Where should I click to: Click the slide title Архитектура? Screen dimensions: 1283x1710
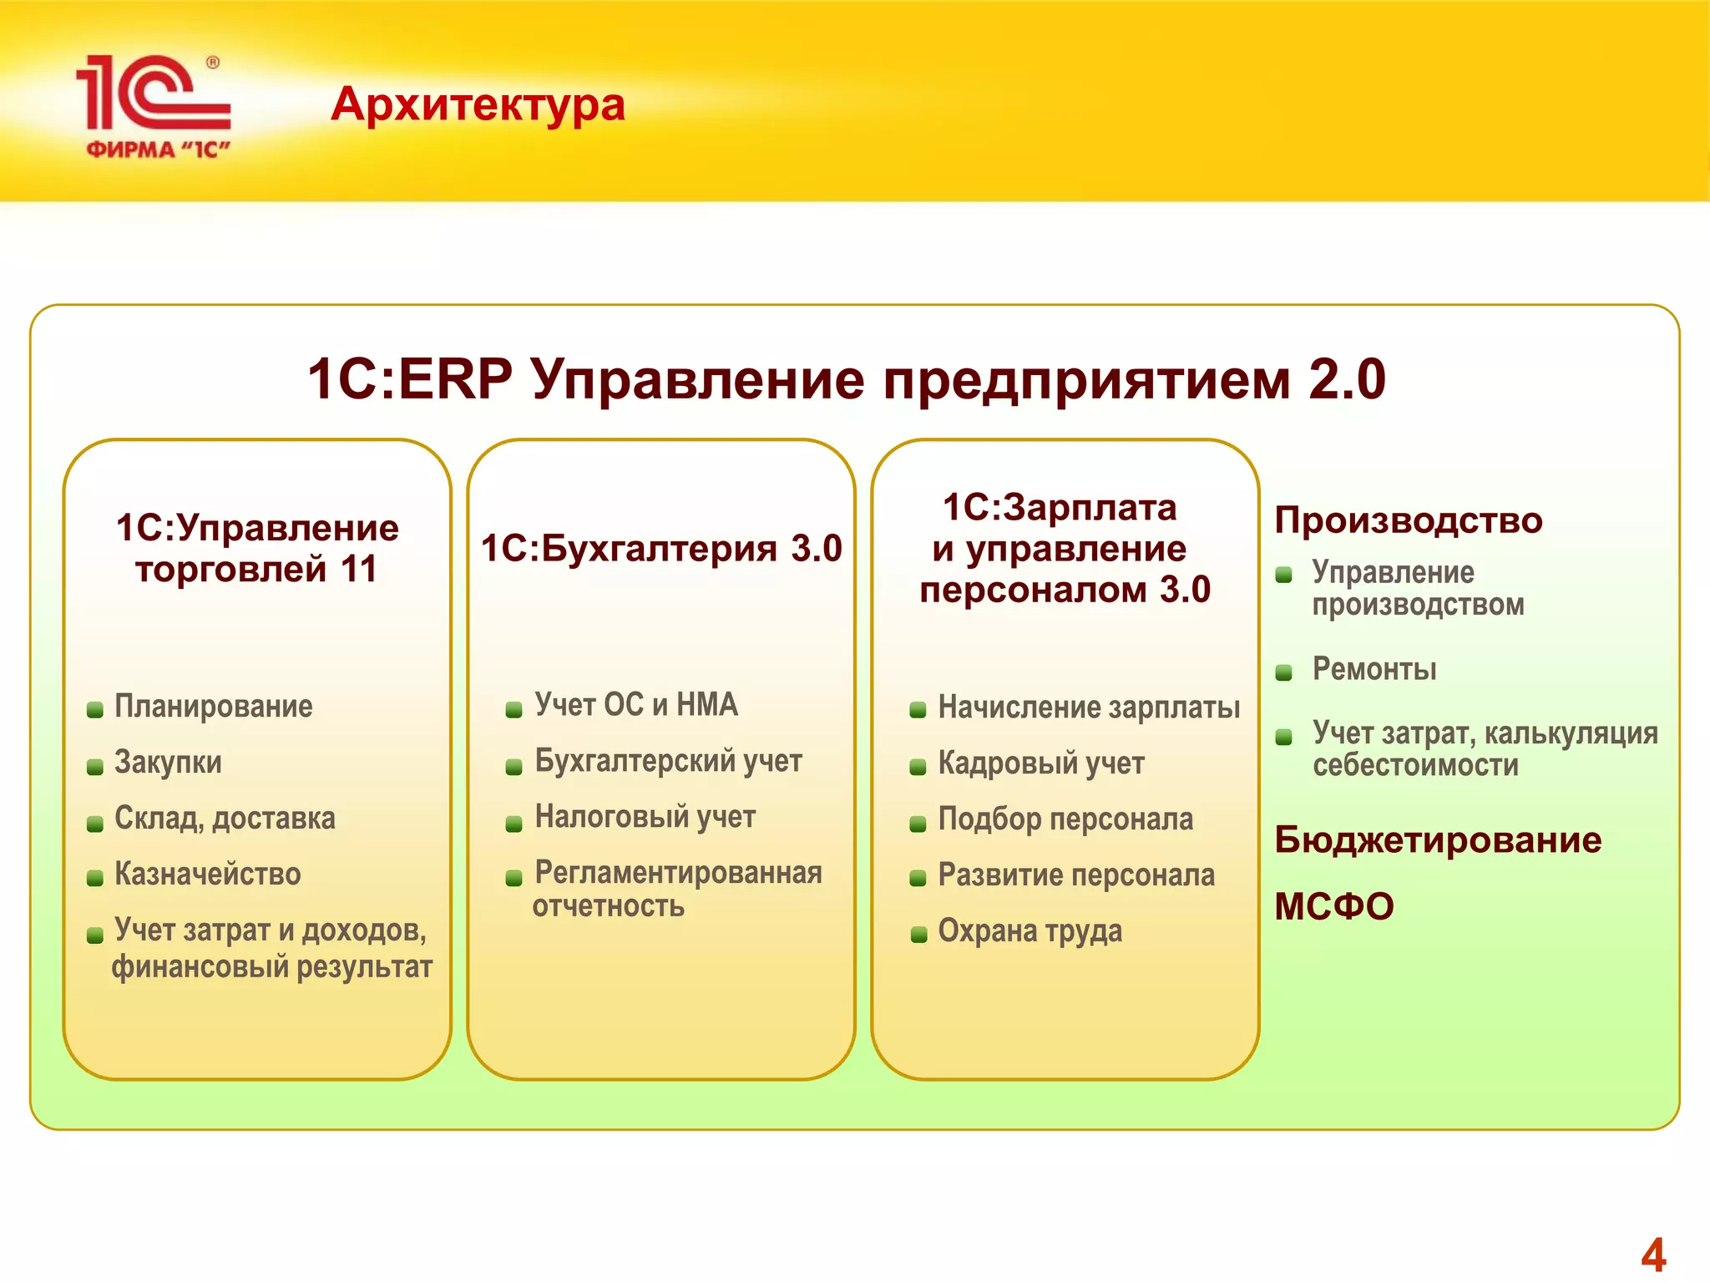[x=478, y=105]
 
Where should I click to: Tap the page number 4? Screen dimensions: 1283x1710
[x=1652, y=1255]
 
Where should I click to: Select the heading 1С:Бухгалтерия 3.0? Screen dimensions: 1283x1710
[x=661, y=549]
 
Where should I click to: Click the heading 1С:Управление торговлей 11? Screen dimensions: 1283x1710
[x=257, y=548]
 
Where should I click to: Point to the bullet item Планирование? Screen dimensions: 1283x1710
[x=214, y=707]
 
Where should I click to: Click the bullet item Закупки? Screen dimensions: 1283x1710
[x=168, y=763]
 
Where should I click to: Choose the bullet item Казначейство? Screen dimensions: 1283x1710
[x=207, y=875]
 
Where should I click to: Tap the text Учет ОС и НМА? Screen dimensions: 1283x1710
[x=636, y=705]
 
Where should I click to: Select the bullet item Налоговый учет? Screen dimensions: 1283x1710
[x=645, y=817]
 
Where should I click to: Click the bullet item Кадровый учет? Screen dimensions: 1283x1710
[x=1040, y=763]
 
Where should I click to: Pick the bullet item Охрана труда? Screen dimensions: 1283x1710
[x=1030, y=931]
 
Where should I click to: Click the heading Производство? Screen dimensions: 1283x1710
[x=1408, y=520]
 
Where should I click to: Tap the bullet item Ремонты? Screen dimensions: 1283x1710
[x=1374, y=669]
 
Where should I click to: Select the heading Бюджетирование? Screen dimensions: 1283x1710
[x=1437, y=840]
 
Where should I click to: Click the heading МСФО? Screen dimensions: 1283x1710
[x=1333, y=907]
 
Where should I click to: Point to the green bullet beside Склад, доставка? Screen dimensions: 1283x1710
[x=95, y=824]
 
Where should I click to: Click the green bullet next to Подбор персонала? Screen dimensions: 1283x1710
[x=918, y=824]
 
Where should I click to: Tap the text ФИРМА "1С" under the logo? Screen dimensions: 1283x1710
[x=158, y=150]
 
